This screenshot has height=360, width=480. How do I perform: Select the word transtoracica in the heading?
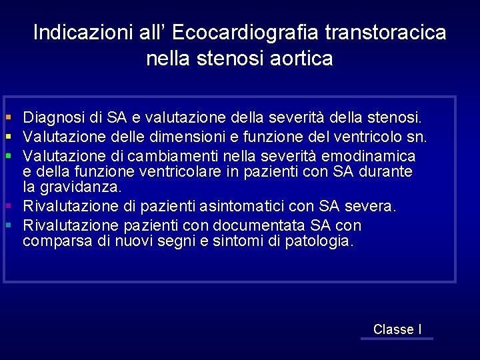click(x=386, y=33)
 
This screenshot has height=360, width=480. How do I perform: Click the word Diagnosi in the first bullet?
click(x=53, y=118)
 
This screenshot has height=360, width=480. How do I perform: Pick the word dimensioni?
click(x=170, y=137)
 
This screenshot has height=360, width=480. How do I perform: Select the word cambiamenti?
click(x=165, y=156)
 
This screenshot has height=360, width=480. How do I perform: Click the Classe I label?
click(x=397, y=329)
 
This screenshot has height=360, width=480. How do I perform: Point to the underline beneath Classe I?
click(x=397, y=339)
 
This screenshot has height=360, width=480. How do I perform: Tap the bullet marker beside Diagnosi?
click(x=9, y=118)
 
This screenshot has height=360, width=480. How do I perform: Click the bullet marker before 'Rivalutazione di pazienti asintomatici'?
click(x=9, y=207)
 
